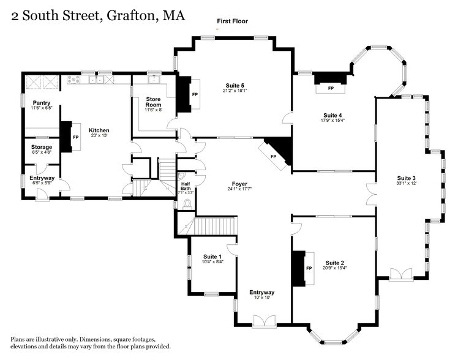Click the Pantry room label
point(42,103)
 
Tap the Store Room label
point(153,102)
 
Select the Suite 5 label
point(234,85)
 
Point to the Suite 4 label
point(333,115)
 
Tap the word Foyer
point(239,184)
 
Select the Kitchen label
point(99,130)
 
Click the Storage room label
point(42,148)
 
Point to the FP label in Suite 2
point(309,269)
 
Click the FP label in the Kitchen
point(76,137)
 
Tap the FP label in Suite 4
point(331,89)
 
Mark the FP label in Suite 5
point(195,95)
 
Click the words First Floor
point(232,21)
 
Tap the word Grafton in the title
point(129,16)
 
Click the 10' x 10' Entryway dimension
point(261,298)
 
